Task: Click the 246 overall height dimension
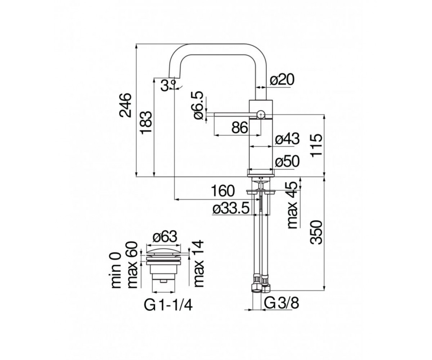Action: pyautogui.click(x=126, y=105)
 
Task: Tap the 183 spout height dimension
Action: pyautogui.click(x=146, y=122)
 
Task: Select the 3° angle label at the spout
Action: pyautogui.click(x=168, y=85)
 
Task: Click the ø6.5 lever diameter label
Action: pyautogui.click(x=199, y=105)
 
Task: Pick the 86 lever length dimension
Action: pyautogui.click(x=240, y=127)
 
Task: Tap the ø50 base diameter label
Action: pyautogui.click(x=287, y=161)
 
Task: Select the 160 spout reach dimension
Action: pyautogui.click(x=223, y=191)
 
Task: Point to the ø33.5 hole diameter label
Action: pyautogui.click(x=231, y=209)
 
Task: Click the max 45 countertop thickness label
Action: pyautogui.click(x=292, y=205)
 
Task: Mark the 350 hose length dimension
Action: pyautogui.click(x=316, y=232)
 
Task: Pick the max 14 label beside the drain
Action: pyautogui.click(x=198, y=264)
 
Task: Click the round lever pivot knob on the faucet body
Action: pyautogui.click(x=261, y=114)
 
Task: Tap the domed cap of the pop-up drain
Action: pyautogui.click(x=163, y=252)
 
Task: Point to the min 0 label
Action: pyautogui.click(x=116, y=270)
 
